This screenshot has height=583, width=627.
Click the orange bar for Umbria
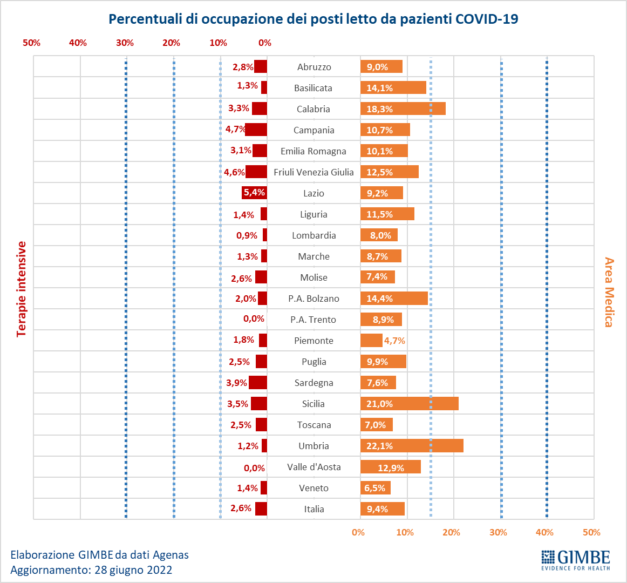412,446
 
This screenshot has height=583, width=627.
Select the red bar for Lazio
254,193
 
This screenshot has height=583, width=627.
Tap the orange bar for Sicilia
410,404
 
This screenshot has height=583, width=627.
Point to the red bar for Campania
256,130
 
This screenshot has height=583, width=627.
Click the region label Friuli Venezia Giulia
313,172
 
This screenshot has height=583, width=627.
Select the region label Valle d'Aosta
313,467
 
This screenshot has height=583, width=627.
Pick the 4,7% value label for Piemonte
394,341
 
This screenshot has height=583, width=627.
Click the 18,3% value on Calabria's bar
380,109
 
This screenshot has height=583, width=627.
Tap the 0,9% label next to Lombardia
247,235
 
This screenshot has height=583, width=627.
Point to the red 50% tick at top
31,43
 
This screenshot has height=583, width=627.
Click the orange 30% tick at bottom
498,533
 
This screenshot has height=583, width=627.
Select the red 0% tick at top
265,43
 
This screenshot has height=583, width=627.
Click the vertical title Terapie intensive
22,289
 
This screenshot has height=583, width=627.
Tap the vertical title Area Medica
609,292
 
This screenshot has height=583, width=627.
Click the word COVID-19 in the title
487,19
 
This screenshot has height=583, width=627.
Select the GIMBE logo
575,560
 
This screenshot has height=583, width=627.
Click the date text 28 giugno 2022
133,570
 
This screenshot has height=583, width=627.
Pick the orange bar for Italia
383,509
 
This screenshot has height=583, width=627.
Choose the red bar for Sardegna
258,383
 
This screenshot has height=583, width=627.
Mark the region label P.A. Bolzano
313,299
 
